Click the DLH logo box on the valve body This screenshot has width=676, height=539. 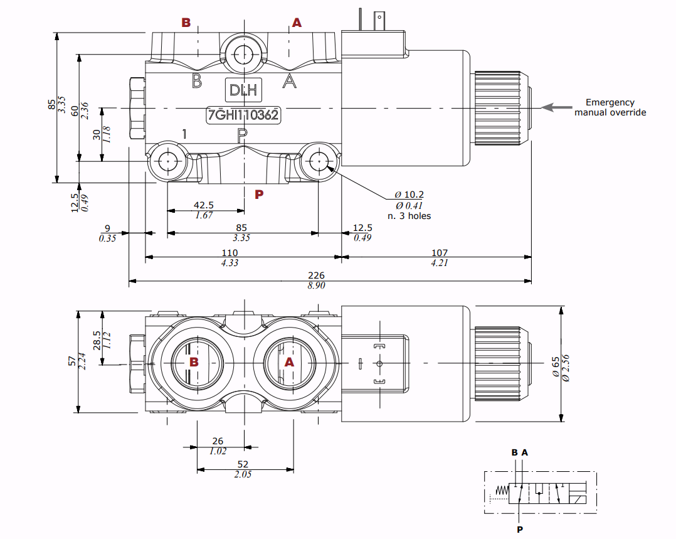(243, 89)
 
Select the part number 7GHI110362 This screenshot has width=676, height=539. (243, 115)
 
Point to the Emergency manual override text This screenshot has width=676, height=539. (610, 107)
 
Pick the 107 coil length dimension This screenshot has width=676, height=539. (440, 253)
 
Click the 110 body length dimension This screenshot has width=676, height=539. (230, 253)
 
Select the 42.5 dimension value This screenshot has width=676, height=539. (204, 205)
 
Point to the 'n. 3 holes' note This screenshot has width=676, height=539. (409, 216)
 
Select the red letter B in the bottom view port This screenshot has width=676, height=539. (194, 362)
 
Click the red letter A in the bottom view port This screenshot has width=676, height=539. (289, 362)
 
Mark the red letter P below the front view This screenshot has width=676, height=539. (259, 195)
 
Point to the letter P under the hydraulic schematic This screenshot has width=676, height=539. (519, 530)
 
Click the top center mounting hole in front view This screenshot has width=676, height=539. (243, 53)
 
